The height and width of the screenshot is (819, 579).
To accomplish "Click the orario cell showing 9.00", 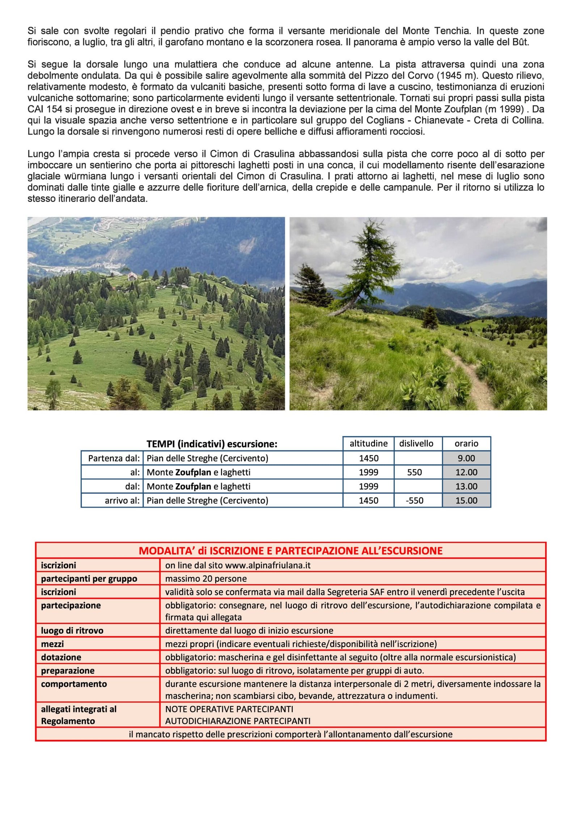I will coord(466,458).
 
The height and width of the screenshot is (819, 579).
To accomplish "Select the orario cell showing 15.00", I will coord(466,501).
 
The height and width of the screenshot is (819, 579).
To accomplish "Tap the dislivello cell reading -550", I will coord(414,501).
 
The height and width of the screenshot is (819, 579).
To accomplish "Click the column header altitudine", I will coord(368,444).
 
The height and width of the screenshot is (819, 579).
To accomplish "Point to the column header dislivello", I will coord(416,444).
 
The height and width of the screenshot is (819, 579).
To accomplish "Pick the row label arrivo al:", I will coord(122,501).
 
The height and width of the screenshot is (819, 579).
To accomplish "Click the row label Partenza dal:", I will coord(114,459).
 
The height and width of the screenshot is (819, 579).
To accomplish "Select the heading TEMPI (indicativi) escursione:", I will coord(212,444).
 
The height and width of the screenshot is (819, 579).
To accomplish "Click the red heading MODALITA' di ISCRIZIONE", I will coord(291,551).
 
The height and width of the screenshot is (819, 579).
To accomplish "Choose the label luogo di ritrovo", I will coord(72,630).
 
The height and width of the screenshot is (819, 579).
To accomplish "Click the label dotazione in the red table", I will coord(61,657).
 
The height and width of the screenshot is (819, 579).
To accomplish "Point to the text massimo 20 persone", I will coord(206,579).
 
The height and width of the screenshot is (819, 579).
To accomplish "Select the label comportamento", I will coord(74,684).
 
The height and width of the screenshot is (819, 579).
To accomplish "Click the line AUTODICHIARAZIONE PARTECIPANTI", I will coord(238,721).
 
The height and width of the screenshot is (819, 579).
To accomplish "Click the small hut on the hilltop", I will coord(132,276).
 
